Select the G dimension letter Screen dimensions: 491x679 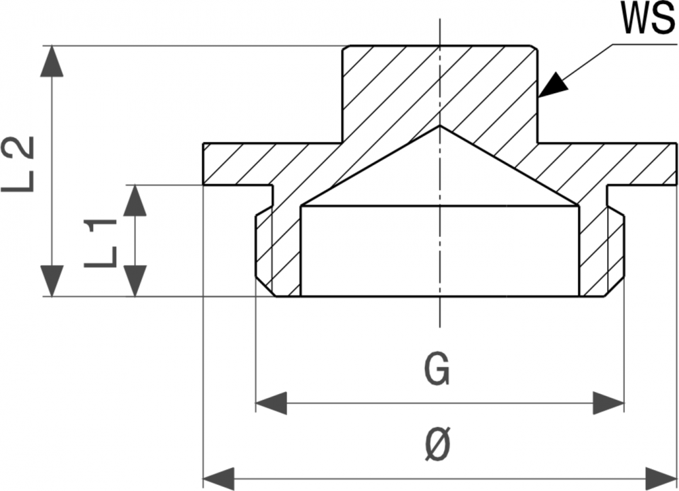437,370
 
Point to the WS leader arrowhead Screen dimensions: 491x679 553,84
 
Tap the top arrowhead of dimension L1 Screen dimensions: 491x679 136,200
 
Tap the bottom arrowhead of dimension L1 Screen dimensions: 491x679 136,281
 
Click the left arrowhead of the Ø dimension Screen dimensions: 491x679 219,477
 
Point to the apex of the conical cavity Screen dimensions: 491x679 440,126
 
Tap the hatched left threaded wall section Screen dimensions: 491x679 278,255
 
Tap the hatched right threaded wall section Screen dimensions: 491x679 602,255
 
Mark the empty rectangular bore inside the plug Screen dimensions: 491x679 440,251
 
